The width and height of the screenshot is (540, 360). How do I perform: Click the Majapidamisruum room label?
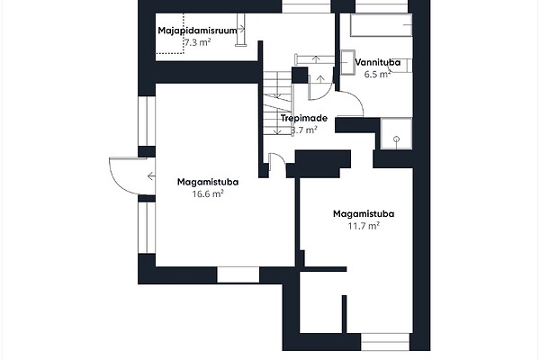tap(198, 31)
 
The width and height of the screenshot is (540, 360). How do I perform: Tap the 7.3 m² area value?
tap(198, 42)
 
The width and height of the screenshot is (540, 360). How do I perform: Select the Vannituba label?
tap(378, 62)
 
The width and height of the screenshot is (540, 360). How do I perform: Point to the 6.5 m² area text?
tap(377, 74)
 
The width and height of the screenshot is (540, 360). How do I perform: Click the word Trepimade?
tap(304, 118)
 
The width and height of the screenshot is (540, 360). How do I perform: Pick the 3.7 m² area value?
tap(304, 130)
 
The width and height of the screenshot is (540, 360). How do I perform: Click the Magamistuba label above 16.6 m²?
tap(208, 182)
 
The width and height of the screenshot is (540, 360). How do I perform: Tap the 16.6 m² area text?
tap(208, 194)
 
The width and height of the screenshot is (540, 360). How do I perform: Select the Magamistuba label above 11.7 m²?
tap(364, 214)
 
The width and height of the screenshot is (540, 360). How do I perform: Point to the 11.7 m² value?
tap(364, 226)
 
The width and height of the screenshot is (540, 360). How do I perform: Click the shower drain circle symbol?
tap(396, 139)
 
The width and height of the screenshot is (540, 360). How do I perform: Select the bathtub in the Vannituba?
tap(382, 25)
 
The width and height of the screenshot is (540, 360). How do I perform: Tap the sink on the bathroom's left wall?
tap(347, 62)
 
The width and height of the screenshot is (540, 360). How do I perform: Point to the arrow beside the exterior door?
tap(151, 176)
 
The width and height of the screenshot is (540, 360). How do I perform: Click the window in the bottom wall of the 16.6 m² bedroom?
tap(238, 274)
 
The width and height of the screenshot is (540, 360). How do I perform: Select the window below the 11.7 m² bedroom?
tap(385, 342)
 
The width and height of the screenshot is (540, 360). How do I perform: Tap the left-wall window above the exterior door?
tap(147, 121)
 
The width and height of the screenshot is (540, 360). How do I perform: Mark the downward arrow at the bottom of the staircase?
tap(276, 129)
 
